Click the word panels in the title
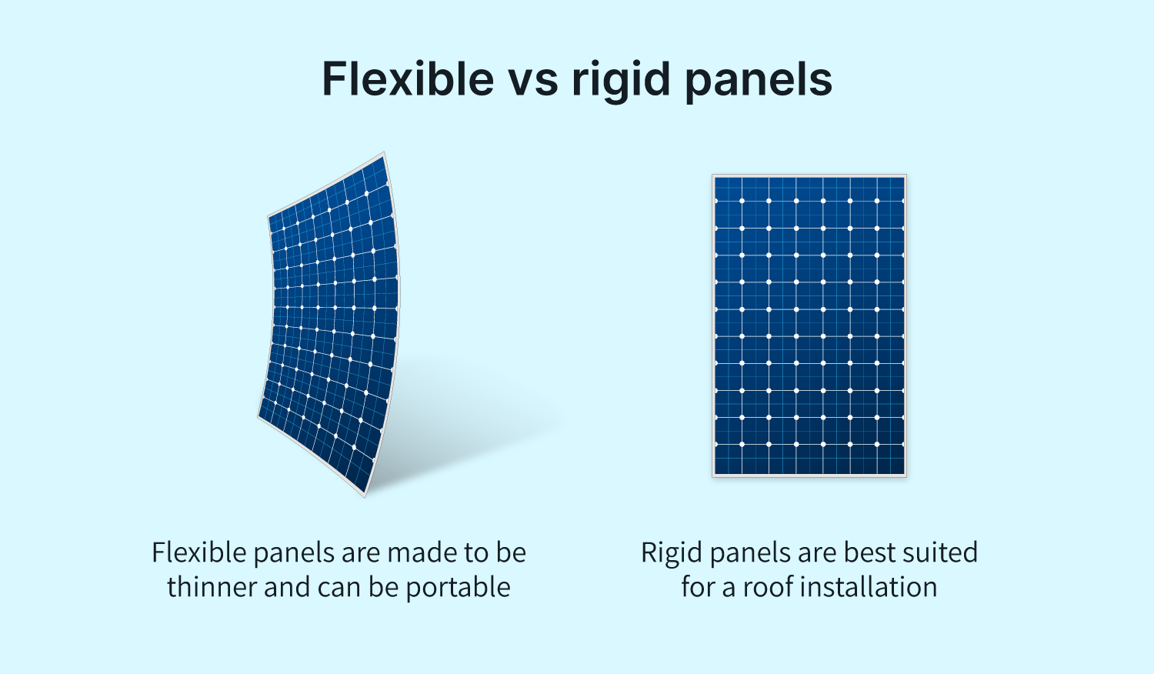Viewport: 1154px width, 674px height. [x=759, y=82]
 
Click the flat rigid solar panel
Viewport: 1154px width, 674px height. [x=809, y=325]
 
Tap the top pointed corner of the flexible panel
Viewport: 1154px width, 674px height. [x=384, y=153]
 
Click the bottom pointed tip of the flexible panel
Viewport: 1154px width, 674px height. [x=365, y=496]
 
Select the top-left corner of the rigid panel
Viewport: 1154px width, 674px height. [x=712, y=175]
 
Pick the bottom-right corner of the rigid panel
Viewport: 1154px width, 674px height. [x=906, y=476]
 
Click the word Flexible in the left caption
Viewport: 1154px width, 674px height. [x=199, y=552]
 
